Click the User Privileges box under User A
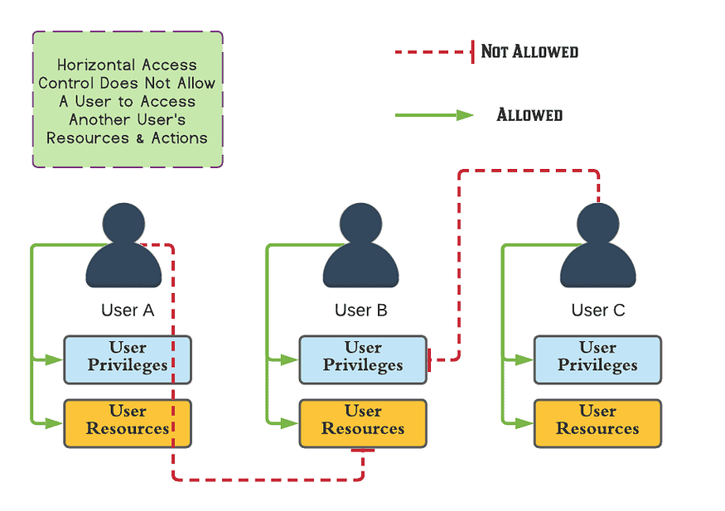(x=128, y=359)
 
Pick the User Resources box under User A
(x=128, y=423)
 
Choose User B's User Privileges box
(x=363, y=359)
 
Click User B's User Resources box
(x=363, y=423)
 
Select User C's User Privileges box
(x=597, y=359)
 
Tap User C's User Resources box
(x=597, y=423)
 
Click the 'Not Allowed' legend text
(x=529, y=52)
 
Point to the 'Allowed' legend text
(x=529, y=115)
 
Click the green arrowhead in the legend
(x=464, y=115)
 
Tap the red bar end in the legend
(x=472, y=52)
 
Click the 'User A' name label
(x=128, y=311)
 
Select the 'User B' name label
(x=360, y=311)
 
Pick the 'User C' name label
(x=598, y=311)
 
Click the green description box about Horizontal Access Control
(x=128, y=100)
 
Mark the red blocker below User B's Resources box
(x=363, y=451)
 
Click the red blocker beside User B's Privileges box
(x=429, y=359)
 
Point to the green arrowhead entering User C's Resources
(x=524, y=423)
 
